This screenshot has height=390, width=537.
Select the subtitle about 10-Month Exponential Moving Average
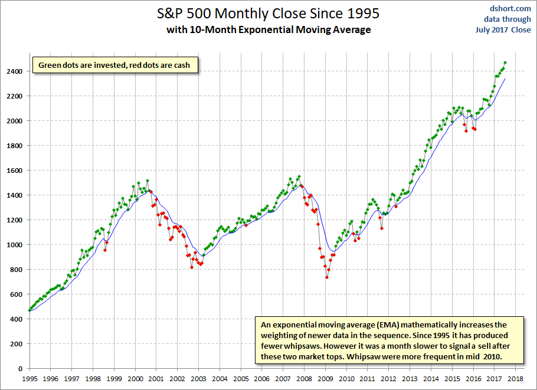pos(268,30)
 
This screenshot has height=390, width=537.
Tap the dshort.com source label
pos(510,9)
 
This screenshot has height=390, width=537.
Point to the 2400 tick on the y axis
pos(14,71)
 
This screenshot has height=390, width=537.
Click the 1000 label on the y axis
pos(14,245)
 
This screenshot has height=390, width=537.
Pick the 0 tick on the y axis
pos(21,369)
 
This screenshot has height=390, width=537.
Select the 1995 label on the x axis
pos(30,379)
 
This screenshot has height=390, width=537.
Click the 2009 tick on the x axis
pos(325,379)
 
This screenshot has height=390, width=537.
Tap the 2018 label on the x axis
pos(515,379)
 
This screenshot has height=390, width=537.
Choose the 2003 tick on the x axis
pos(199,379)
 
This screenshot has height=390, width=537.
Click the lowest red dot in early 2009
pos(327,277)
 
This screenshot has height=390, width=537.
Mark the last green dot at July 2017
pos(505,63)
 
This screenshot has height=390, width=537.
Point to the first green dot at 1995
pos(30,310)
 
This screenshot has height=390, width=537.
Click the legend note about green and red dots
pos(115,65)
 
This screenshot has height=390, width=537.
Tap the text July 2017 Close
pos(503,30)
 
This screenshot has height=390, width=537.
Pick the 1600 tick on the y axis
pos(14,170)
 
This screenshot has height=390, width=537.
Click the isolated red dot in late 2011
pos(382,228)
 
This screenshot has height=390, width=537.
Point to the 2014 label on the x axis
pos(431,379)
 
